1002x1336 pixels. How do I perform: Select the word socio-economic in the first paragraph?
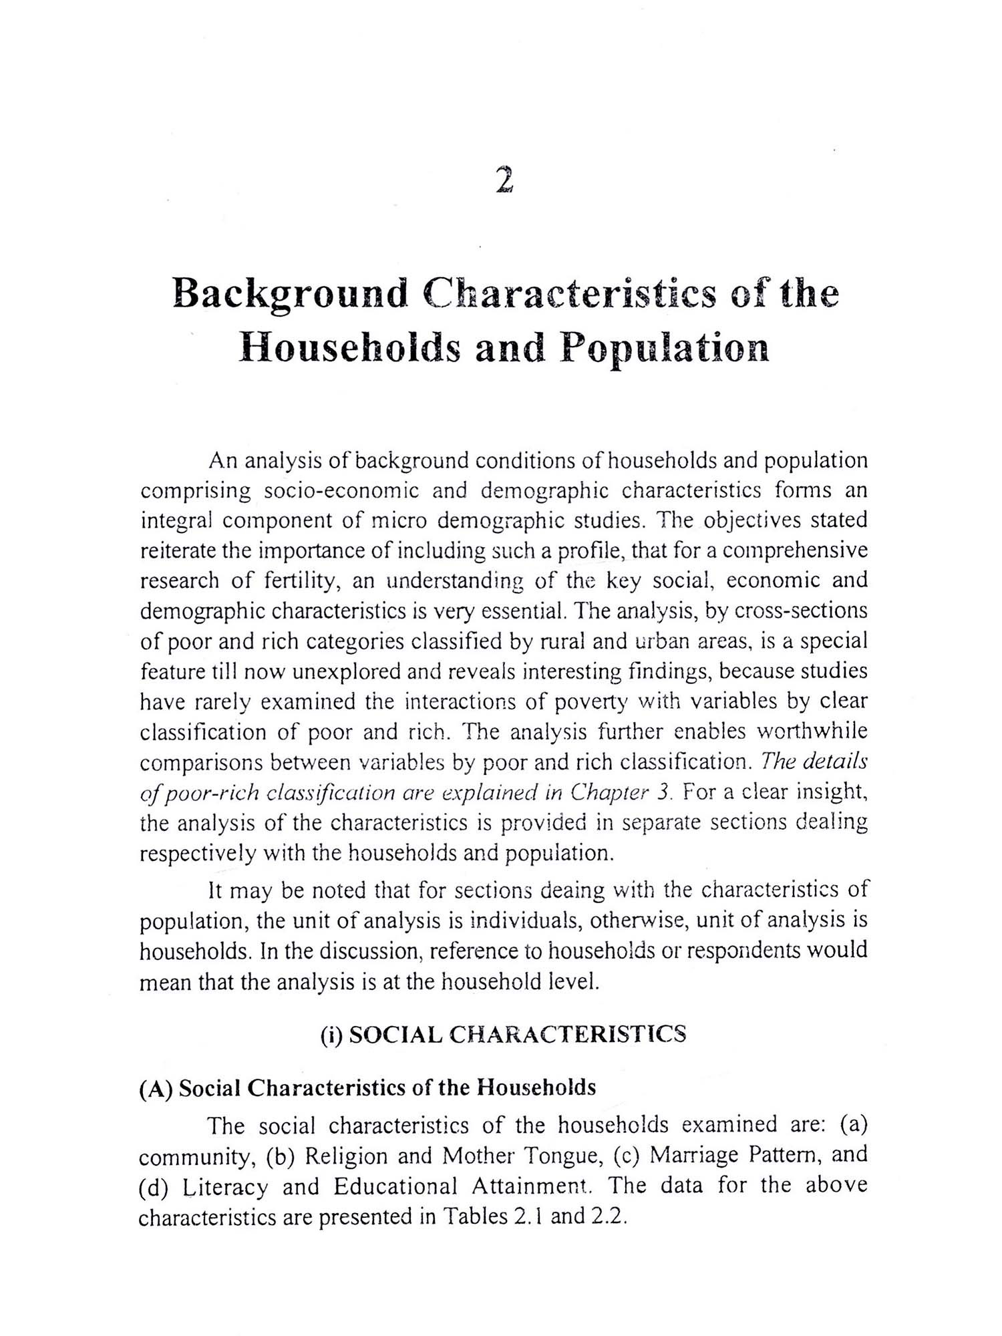pyautogui.click(x=341, y=491)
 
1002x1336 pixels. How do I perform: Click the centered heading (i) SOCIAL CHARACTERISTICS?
pyautogui.click(x=503, y=1034)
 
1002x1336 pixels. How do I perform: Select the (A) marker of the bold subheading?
pyautogui.click(x=156, y=1088)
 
